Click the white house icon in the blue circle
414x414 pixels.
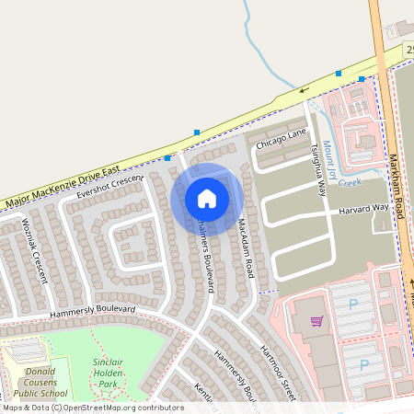click(x=207, y=199)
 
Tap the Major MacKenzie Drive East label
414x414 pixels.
click(x=63, y=187)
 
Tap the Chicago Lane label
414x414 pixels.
click(x=282, y=138)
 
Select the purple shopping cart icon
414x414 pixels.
click(x=317, y=321)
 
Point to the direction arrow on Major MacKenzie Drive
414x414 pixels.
click(x=304, y=90)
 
